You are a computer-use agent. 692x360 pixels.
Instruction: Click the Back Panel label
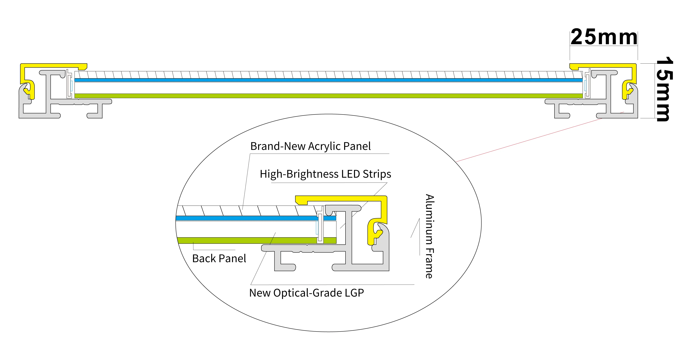coord(219,259)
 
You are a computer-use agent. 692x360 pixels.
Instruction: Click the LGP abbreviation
coord(354,293)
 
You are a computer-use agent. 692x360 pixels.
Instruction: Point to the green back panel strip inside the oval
coord(242,240)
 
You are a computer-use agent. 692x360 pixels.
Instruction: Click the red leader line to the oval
coord(529,140)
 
